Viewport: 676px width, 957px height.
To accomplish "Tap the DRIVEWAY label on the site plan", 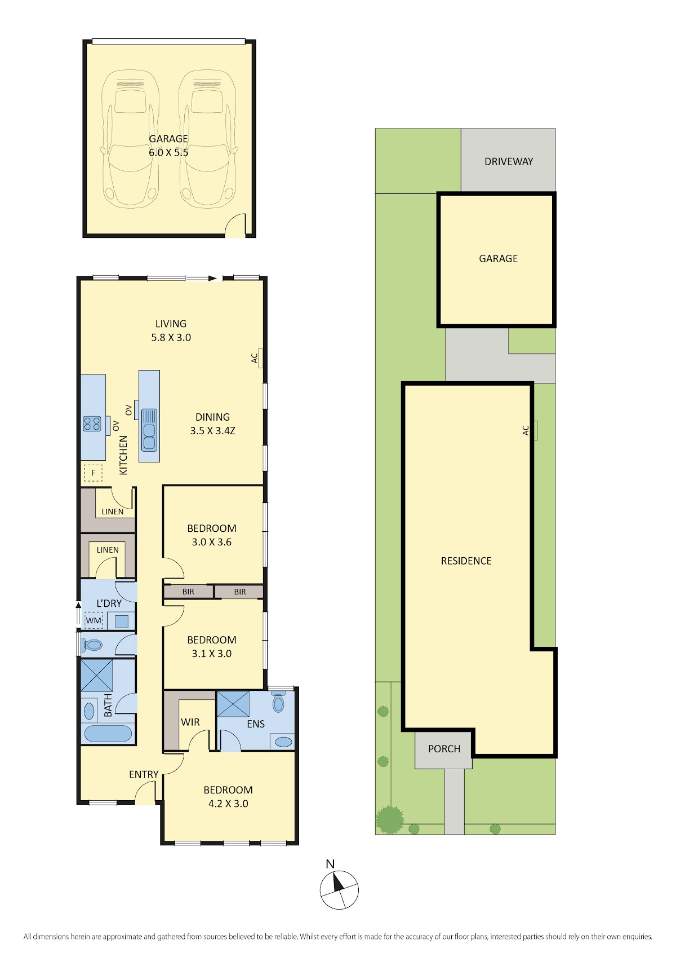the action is pos(508,161).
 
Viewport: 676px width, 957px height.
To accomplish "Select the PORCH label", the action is pos(444,749).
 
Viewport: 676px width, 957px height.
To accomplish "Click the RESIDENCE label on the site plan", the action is pos(466,561).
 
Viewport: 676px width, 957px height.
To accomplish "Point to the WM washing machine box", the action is pos(94,620).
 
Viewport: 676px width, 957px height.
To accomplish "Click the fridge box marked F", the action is pos(93,473).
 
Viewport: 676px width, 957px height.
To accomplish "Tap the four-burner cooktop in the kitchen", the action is pos(92,424).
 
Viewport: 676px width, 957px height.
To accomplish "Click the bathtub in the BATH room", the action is pos(108,734).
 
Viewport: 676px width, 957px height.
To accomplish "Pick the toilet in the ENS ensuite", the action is pos(278,700).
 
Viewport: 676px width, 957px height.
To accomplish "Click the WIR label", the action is pos(190,722).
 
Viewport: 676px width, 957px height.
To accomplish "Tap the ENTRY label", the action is pos(144,775).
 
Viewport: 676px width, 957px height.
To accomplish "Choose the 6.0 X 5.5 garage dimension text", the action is pos(168,152).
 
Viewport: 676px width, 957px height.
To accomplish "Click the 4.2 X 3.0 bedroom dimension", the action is pos(228,804).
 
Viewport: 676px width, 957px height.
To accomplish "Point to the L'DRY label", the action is pos(109,603).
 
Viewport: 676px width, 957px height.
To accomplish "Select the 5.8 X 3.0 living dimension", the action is pos(171,337).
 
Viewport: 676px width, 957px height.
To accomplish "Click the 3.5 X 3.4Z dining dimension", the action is pos(212,430).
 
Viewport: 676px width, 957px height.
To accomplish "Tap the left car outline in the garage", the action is pos(130,139).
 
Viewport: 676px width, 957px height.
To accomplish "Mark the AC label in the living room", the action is pos(255,358).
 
